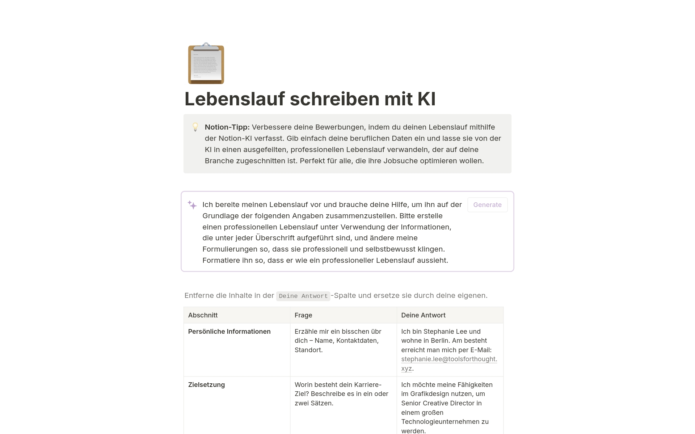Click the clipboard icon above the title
(206, 64)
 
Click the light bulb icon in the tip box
(195, 127)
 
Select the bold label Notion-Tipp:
(227, 127)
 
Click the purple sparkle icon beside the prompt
(192, 205)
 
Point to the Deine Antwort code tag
(303, 296)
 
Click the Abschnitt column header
(203, 315)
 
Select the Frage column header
(303, 315)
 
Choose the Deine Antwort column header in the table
(423, 315)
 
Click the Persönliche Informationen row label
(229, 332)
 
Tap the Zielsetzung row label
(206, 385)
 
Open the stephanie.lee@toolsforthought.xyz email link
(449, 359)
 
